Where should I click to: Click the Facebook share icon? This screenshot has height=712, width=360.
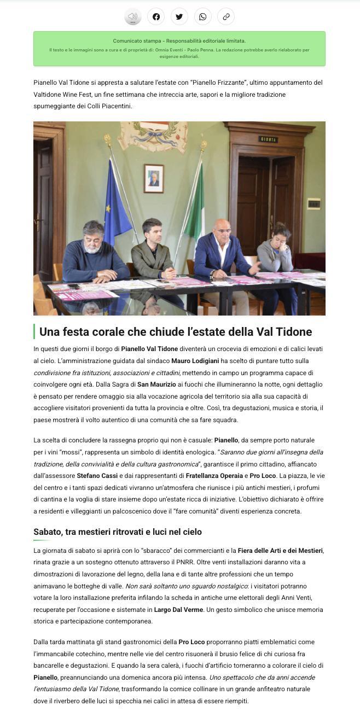pyautogui.click(x=156, y=16)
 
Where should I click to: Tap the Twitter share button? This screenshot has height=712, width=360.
pyautogui.click(x=179, y=16)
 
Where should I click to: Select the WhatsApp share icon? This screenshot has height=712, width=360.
pyautogui.click(x=202, y=16)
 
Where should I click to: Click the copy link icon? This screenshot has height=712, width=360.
pyautogui.click(x=226, y=16)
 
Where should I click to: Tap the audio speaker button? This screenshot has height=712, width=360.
pyautogui.click(x=132, y=16)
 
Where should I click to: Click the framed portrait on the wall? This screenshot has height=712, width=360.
pyautogui.click(x=154, y=178)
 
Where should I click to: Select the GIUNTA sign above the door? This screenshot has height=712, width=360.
pyautogui.click(x=268, y=139)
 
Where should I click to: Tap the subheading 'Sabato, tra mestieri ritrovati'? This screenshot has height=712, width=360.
pyautogui.click(x=118, y=532)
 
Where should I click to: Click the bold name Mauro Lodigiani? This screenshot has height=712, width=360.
pyautogui.click(x=194, y=361)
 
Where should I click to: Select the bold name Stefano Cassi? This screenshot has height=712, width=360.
pyautogui.click(x=97, y=476)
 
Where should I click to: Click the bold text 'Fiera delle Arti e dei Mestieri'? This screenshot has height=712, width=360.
pyautogui.click(x=280, y=550)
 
